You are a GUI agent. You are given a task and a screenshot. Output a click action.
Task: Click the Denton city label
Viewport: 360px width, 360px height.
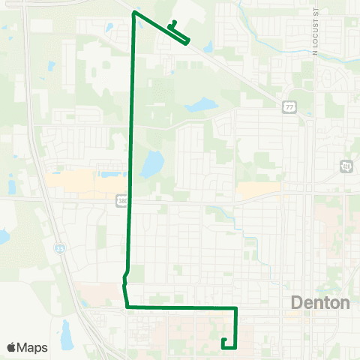point(320,303)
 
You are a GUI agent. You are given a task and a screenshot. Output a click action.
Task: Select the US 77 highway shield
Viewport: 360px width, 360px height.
point(289,108)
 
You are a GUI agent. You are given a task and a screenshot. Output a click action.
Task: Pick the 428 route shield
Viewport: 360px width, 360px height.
point(346,165)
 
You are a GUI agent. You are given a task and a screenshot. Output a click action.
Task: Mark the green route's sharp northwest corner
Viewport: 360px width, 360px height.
point(133,13)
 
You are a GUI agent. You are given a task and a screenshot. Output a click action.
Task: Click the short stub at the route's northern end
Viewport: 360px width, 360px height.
point(174,22)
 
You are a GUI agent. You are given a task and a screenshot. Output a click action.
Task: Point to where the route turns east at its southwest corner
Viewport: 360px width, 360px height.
point(126,307)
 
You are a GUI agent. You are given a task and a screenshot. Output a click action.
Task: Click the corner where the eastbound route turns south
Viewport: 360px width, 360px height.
point(236,308)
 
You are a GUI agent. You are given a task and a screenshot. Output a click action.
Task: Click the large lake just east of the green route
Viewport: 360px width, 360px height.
point(152,162)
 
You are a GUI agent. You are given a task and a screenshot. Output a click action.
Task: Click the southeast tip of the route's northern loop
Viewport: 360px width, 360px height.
point(187,42)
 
